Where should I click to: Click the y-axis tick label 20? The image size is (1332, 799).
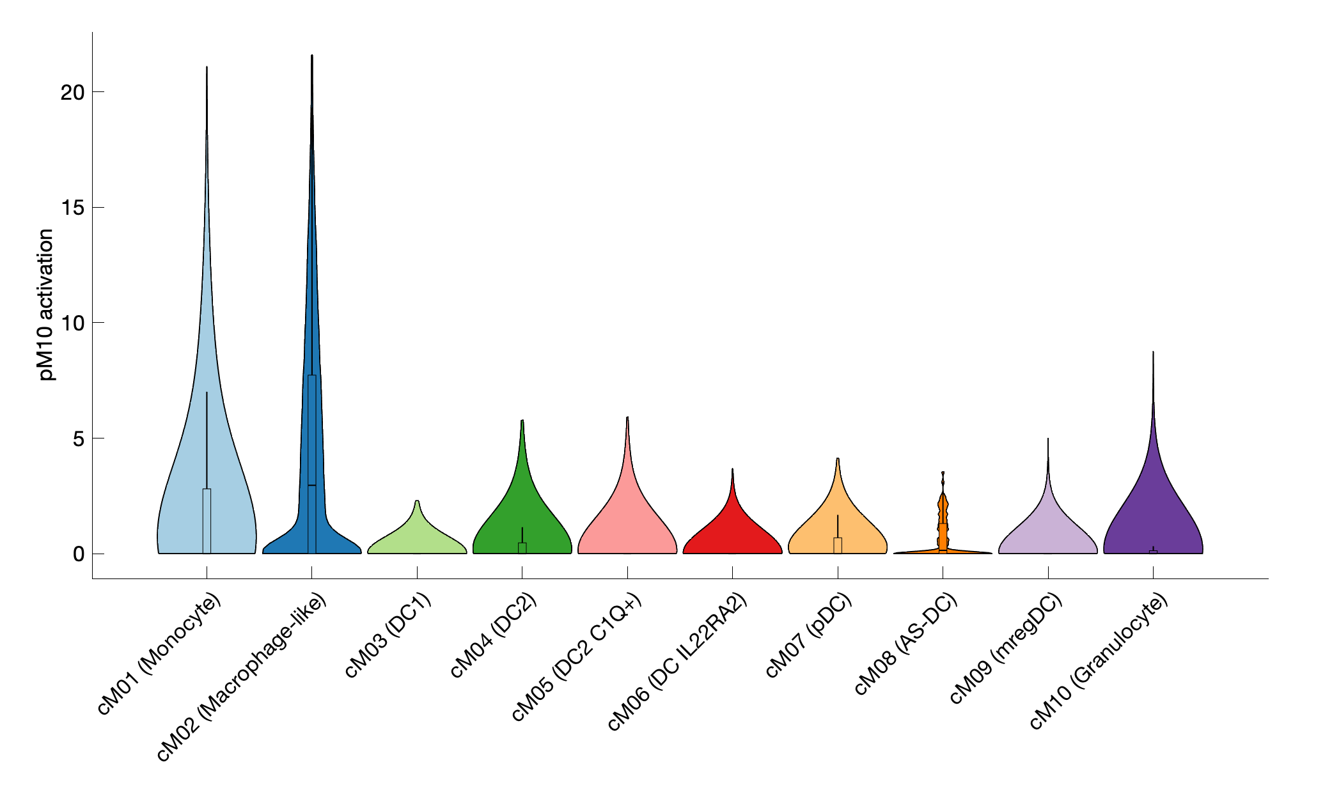[x=72, y=93]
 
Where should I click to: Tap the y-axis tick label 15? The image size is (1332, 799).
[x=72, y=208]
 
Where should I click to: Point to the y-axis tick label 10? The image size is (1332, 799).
[x=72, y=323]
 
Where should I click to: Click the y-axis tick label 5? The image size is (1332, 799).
[x=78, y=439]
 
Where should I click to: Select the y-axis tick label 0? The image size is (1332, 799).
[x=78, y=554]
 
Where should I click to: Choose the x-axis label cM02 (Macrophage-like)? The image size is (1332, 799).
[x=242, y=677]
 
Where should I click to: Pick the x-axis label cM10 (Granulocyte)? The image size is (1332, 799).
[x=1099, y=661]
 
